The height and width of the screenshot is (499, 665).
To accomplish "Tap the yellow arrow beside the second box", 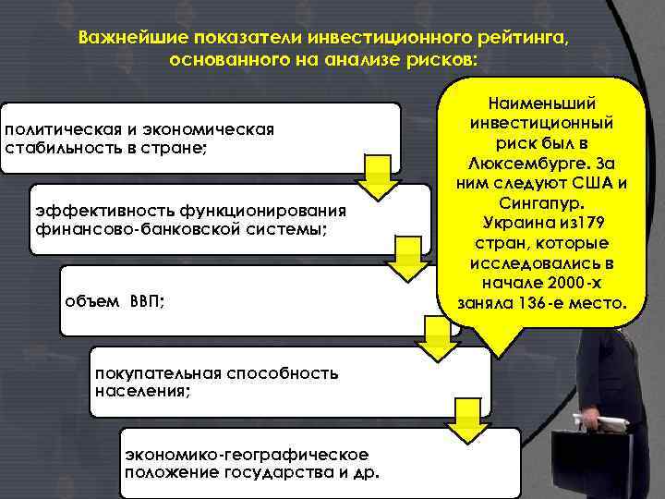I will click(x=404, y=260).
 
